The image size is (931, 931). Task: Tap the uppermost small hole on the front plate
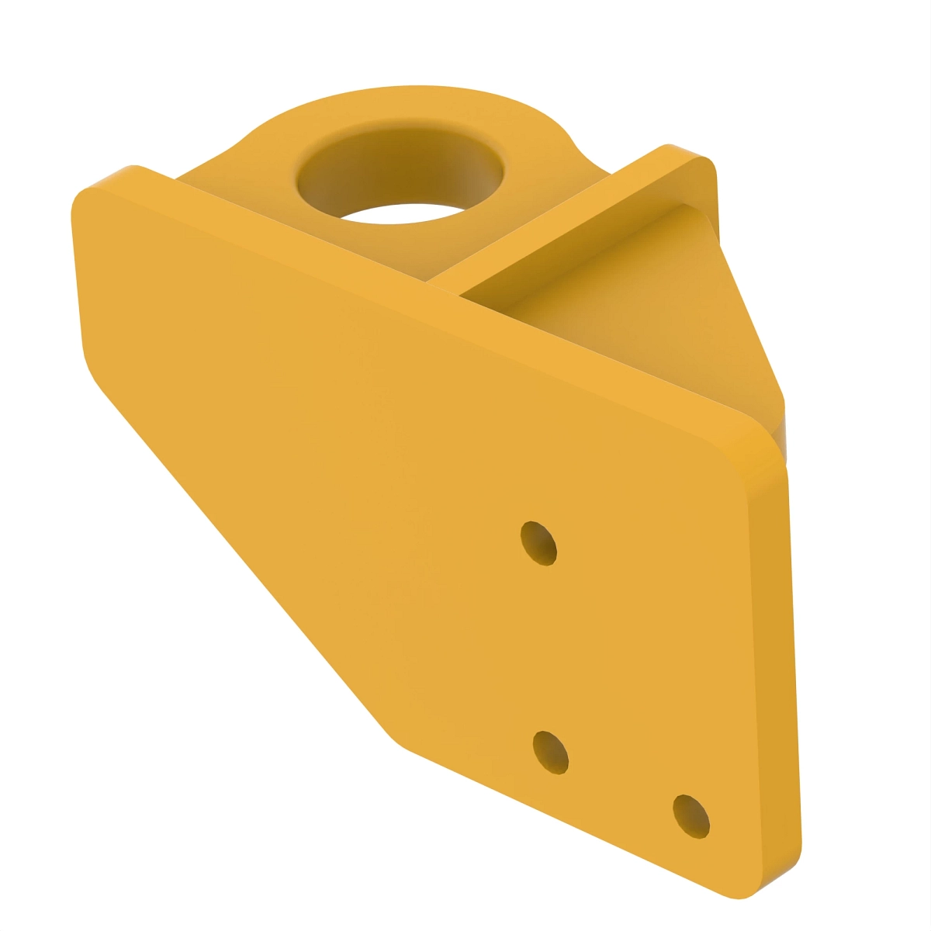[x=538, y=543]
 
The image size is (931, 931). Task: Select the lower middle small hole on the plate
[x=552, y=752]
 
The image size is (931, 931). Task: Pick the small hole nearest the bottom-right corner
[x=690, y=816]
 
